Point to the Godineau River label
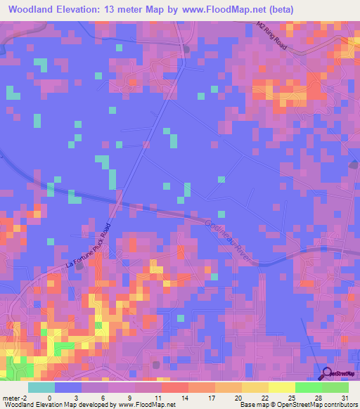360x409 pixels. click(x=233, y=240)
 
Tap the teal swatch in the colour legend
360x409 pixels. click(x=41, y=387)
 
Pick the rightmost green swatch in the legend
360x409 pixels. click(x=335, y=387)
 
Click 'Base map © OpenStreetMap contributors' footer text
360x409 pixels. click(x=297, y=405)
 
